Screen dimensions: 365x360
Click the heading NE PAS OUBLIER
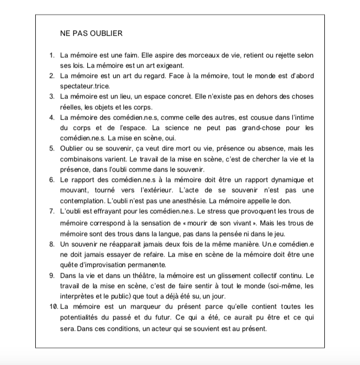pyautogui.click(x=91, y=34)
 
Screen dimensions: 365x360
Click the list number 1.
pyautogui.click(x=51, y=55)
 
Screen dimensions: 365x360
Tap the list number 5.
pyautogui.click(x=51, y=148)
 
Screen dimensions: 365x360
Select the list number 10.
pyautogui.click(x=53, y=307)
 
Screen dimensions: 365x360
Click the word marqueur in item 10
pyautogui.click(x=142, y=307)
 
